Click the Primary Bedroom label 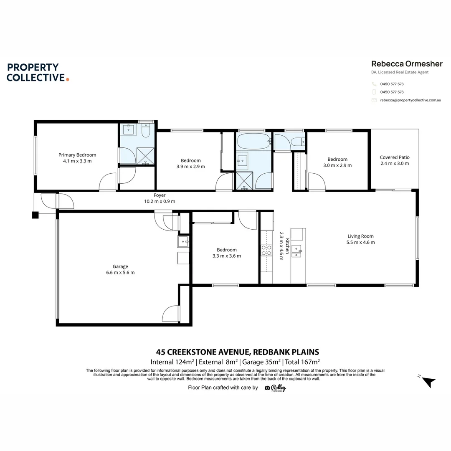pos(77,155)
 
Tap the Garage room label pos(120,266)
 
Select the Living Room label pos(360,236)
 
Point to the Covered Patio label pos(395,157)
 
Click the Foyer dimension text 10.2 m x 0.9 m pos(160,201)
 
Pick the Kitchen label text pos(287,246)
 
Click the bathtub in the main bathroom pos(254,141)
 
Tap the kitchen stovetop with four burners pos(266,250)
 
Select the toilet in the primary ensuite pos(146,131)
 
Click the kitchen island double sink pos(296,251)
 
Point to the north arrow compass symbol pos(428,382)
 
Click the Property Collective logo pos(38,72)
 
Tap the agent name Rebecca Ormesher pos(407,63)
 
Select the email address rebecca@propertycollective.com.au pos(410,100)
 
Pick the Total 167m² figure pos(302,362)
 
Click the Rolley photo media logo pos(276,388)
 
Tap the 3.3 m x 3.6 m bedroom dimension pos(227,256)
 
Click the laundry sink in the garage pos(183,241)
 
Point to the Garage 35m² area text pos(261,362)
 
